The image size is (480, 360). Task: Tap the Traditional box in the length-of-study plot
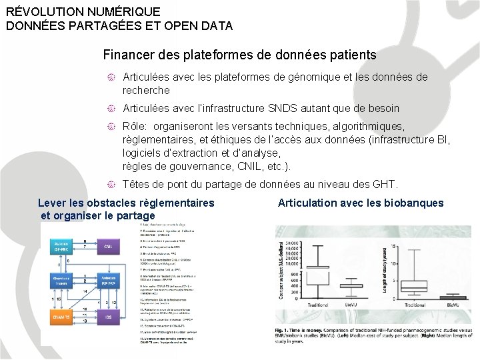[x=414, y=285]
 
